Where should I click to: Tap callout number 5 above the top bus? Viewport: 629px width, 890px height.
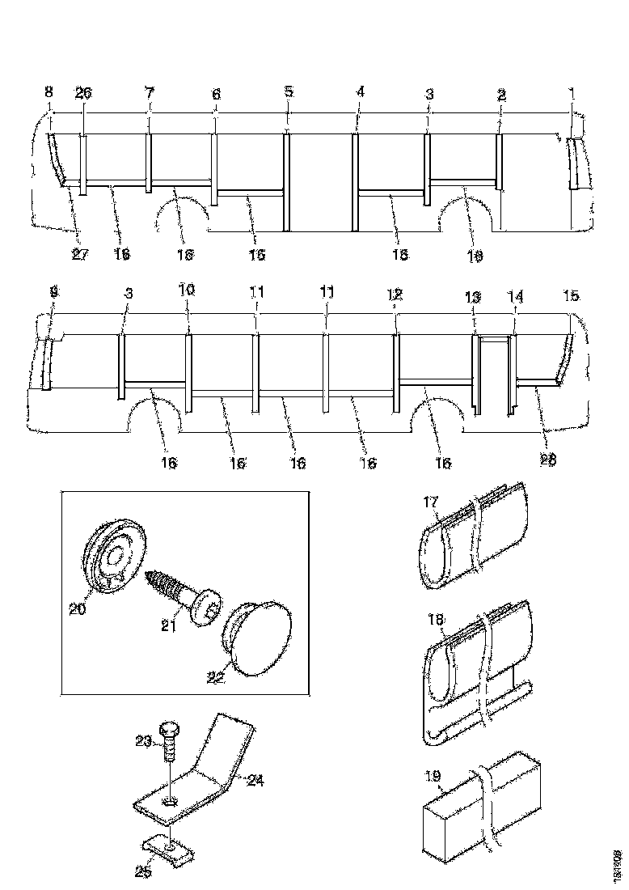[289, 92]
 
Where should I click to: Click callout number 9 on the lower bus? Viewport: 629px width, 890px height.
[53, 295]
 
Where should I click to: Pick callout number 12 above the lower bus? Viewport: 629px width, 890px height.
[394, 296]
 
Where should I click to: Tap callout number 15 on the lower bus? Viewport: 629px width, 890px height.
[571, 296]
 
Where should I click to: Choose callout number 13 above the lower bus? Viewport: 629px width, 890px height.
[472, 298]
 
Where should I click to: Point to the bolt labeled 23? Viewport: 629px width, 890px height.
[170, 738]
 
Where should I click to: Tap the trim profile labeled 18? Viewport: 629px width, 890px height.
[477, 672]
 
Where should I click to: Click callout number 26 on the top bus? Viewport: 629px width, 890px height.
[83, 94]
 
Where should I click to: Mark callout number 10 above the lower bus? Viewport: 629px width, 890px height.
[187, 296]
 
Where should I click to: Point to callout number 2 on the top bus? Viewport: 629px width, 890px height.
[501, 95]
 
